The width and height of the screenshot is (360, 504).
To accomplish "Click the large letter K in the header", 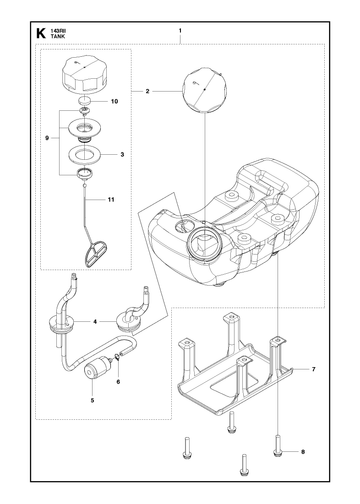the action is (x=40, y=33).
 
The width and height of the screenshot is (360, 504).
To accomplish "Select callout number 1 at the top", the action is (x=180, y=31).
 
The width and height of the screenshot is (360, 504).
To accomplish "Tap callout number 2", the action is (x=147, y=91).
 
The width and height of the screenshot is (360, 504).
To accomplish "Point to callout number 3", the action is (x=122, y=155).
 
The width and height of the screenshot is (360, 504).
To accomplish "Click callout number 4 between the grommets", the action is (x=95, y=322).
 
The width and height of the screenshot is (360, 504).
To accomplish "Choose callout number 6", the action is (x=118, y=382).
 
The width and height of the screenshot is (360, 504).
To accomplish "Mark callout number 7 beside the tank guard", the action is (x=314, y=369).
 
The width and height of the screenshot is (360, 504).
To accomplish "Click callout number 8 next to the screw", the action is (x=303, y=452).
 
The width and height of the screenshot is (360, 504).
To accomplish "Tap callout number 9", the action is (x=47, y=138).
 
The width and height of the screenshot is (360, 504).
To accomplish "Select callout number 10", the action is (x=114, y=101).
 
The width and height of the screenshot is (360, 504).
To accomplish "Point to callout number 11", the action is (x=111, y=200).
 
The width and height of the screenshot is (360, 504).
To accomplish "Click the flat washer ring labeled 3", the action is (x=85, y=155).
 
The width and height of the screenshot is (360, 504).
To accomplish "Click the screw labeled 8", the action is (x=277, y=446).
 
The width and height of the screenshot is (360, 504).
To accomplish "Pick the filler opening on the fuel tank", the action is (x=204, y=245).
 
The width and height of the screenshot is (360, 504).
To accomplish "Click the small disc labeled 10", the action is (x=86, y=101).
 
